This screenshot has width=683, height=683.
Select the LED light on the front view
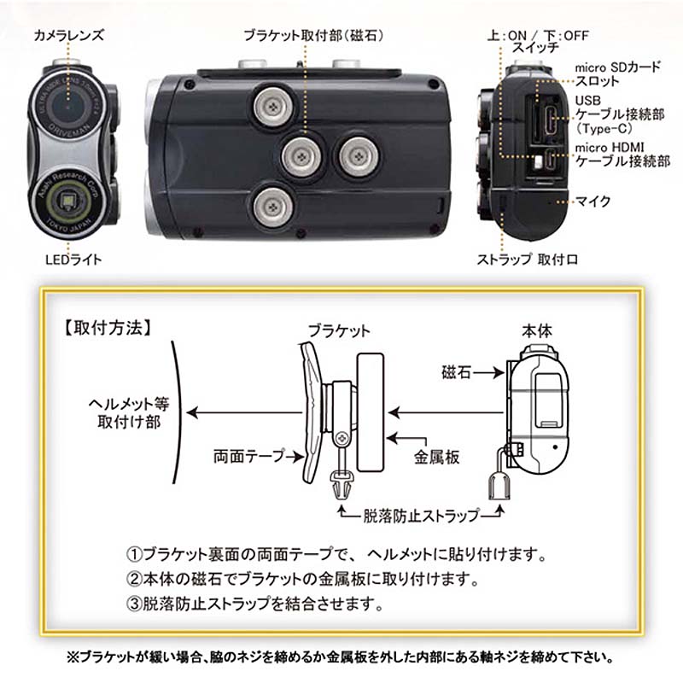click(66, 203)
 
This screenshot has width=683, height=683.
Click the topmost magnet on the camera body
click(271, 106)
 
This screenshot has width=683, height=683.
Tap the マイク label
click(594, 201)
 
